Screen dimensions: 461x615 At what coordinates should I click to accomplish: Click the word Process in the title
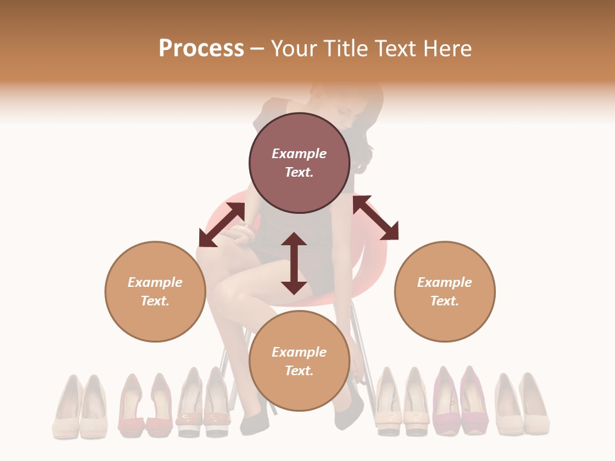click(201, 49)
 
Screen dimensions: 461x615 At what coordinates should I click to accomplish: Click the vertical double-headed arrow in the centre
click(294, 263)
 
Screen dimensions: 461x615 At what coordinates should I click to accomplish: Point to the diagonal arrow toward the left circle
click(222, 224)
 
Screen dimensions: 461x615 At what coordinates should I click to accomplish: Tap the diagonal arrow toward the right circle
click(375, 218)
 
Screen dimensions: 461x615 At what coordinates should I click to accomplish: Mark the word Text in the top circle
click(299, 172)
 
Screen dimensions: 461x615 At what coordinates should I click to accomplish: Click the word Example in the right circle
click(445, 282)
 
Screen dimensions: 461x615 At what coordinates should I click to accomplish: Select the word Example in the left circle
click(155, 282)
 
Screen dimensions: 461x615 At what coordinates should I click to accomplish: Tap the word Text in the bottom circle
click(299, 371)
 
